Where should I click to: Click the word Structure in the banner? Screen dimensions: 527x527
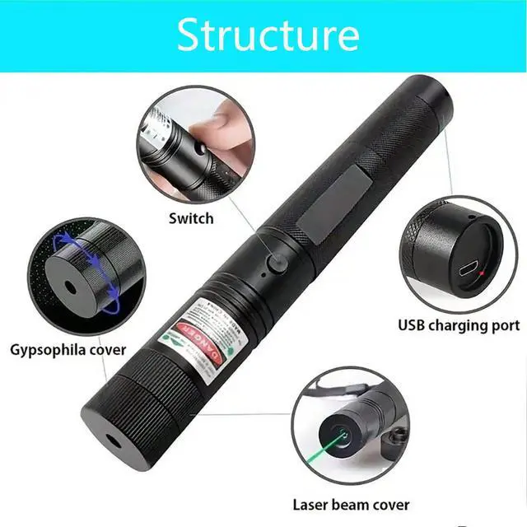[x=268, y=35]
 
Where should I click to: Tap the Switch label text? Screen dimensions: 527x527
[x=191, y=218]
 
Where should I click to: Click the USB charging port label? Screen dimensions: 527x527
[x=459, y=324]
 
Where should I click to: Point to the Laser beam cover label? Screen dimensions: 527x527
[x=351, y=504]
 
